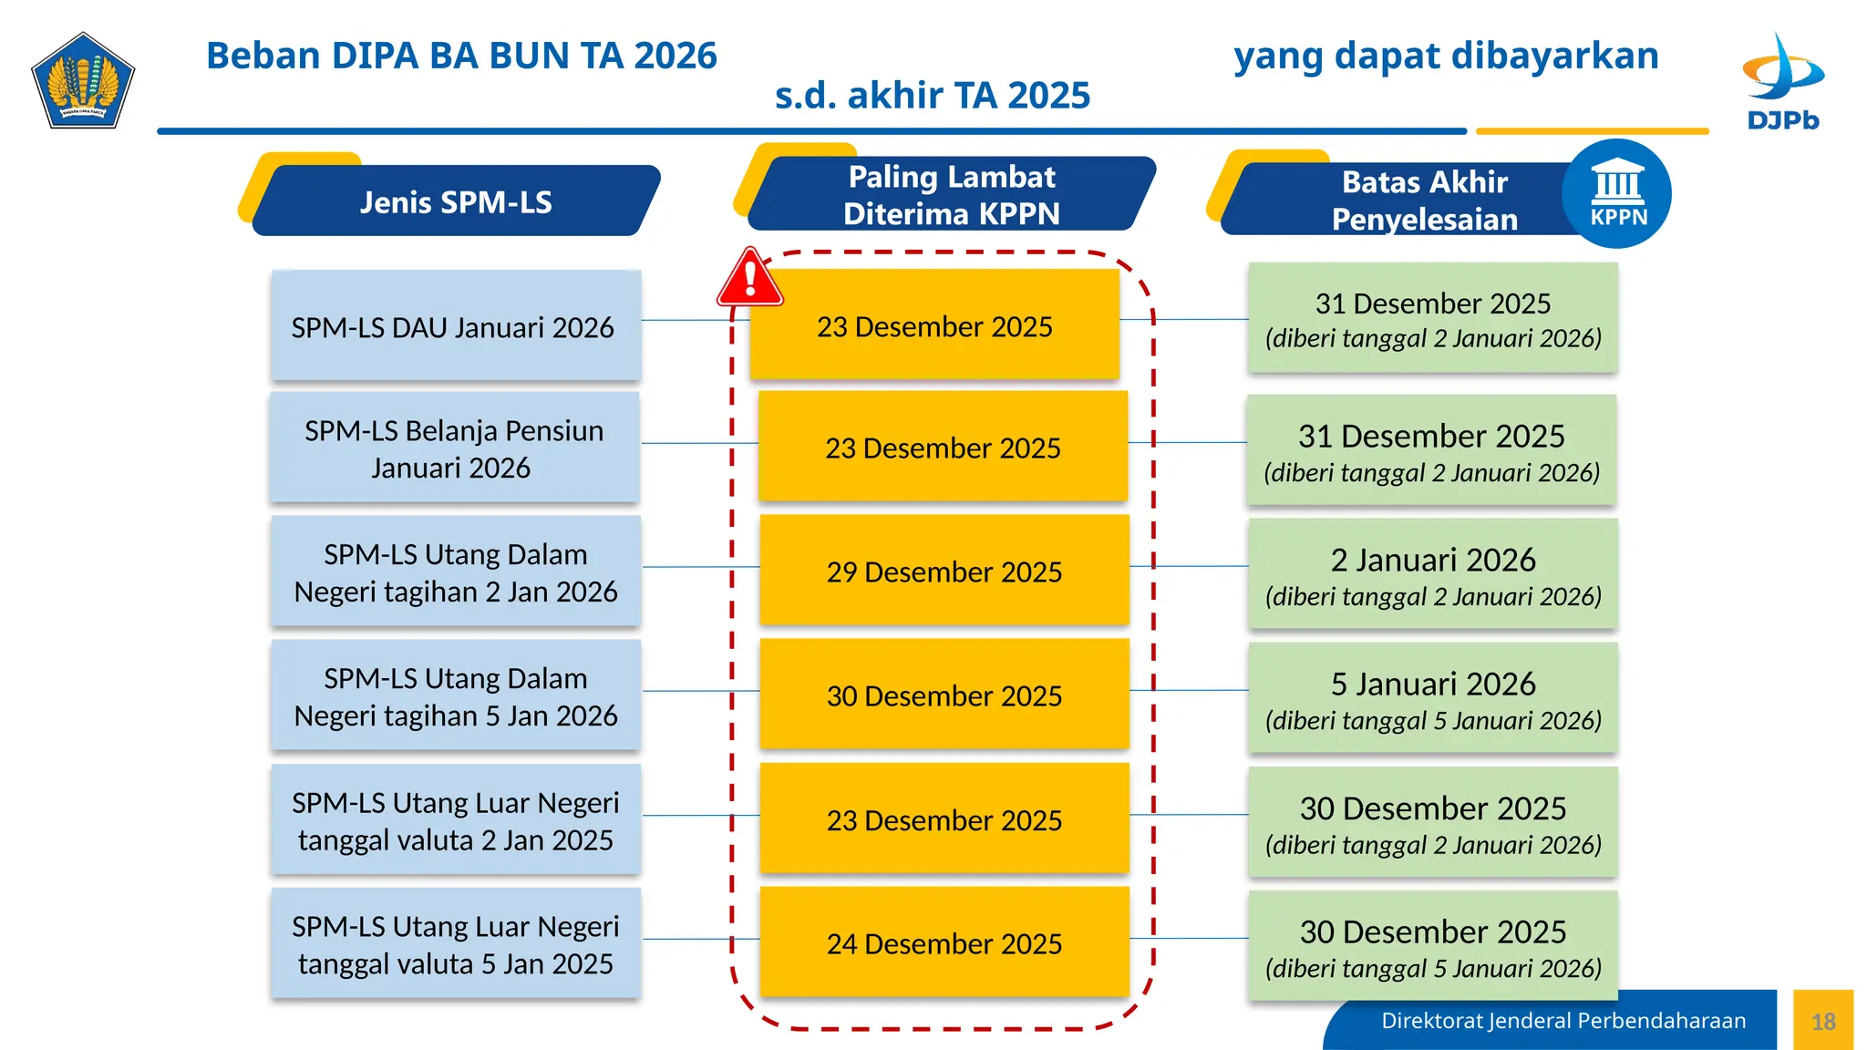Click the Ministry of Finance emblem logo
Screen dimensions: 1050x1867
83,81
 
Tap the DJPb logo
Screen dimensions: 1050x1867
1782,82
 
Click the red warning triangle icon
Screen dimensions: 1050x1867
749,278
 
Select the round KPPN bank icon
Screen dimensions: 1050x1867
1617,194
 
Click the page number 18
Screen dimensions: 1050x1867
1823,1021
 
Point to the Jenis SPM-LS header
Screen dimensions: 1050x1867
456,201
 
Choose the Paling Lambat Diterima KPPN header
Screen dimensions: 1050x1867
951,195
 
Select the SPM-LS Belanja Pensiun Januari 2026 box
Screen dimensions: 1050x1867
454,448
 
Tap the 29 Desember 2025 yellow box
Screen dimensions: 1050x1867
944,571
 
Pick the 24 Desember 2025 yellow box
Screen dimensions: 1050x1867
944,942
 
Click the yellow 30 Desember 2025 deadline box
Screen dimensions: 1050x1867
944,695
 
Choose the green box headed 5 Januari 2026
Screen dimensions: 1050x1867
1432,698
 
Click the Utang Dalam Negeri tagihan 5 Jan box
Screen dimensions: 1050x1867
456,695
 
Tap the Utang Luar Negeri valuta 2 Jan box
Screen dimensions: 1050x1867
456,819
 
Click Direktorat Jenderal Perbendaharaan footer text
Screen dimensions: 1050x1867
1563,1021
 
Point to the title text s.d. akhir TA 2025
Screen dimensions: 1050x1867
932,96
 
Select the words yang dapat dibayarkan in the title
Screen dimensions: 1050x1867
1446,56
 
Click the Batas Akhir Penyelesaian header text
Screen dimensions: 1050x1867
1424,201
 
